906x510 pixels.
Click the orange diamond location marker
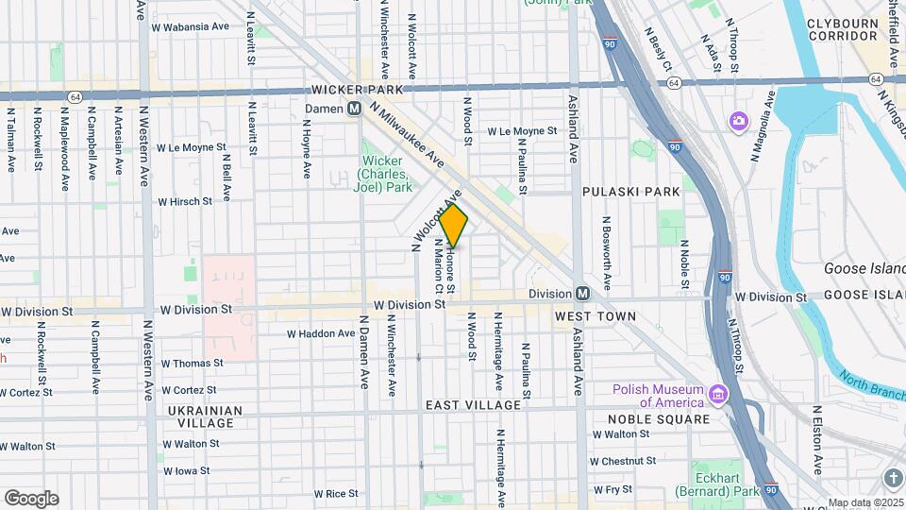pyautogui.click(x=454, y=226)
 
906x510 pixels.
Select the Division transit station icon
pyautogui.click(x=583, y=294)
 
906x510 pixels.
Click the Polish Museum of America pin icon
pyautogui.click(x=719, y=393)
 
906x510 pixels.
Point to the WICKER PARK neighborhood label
pyautogui.click(x=351, y=90)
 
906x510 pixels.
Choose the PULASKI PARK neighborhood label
pyautogui.click(x=630, y=192)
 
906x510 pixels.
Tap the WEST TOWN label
pyautogui.click(x=591, y=315)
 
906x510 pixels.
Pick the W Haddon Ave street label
pyautogui.click(x=321, y=333)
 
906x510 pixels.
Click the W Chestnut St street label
pyautogui.click(x=622, y=461)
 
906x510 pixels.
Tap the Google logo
pyautogui.click(x=31, y=499)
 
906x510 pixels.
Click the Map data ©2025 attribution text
pyautogui.click(x=864, y=502)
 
